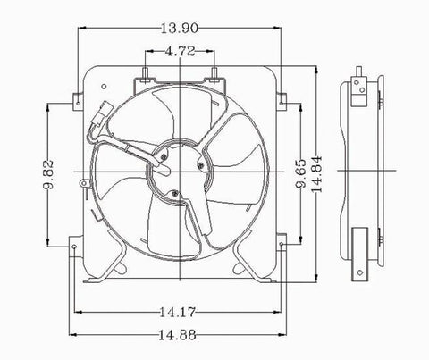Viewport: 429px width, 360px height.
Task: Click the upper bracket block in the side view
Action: tap(359, 86)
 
